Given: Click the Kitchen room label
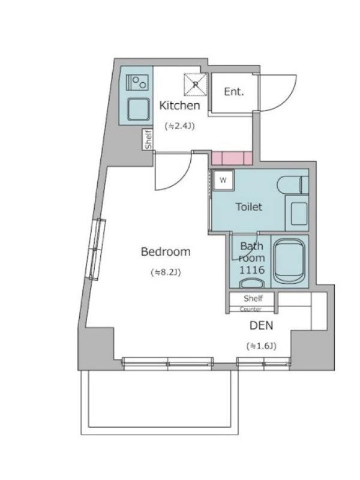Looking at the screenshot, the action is coord(179,106).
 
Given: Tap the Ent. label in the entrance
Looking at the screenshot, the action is coord(234,92).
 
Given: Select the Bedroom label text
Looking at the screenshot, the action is coord(166,252).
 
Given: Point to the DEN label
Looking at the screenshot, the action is coord(262,326).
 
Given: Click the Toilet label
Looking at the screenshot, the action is coord(249,207).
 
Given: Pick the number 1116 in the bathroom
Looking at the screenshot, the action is coord(251,269).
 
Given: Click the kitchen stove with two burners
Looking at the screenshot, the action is coord(137,82).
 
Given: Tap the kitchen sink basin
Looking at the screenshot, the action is coord(139,109).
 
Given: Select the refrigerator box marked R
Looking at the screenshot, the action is coord(196,84).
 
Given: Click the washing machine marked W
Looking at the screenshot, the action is coord(223,180).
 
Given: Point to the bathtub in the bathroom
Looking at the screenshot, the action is coord(289,261).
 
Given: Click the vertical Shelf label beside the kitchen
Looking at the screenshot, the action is coord(148,139).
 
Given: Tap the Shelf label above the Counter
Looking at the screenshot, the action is coord(253,298).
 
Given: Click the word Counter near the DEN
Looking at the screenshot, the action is coord(251,309).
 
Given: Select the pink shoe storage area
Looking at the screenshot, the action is coord(232,158).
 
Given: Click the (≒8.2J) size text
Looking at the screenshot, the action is coord(166,272).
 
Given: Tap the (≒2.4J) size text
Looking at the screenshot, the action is coord(179,126).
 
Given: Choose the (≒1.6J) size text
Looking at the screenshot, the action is coord(262,346).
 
